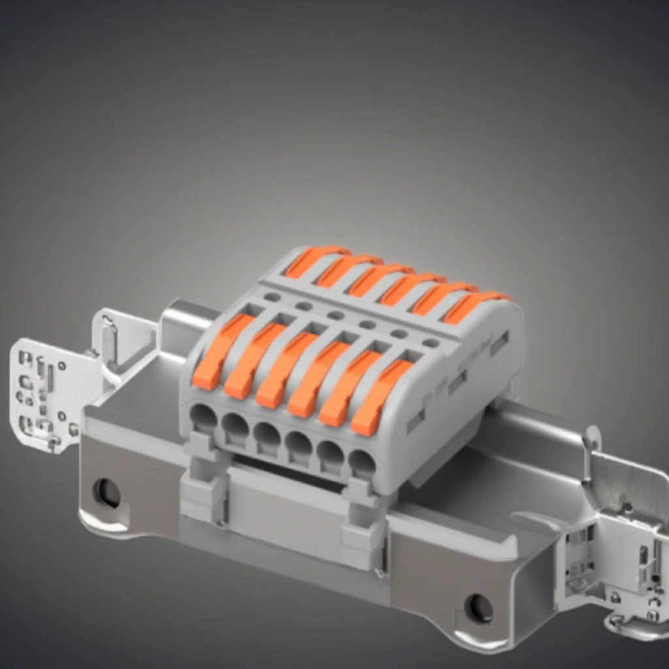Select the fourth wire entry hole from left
[299, 446]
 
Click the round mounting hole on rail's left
[106, 493]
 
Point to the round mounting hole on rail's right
[479, 608]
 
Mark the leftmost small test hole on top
[272, 297]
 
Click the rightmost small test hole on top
[431, 342]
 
